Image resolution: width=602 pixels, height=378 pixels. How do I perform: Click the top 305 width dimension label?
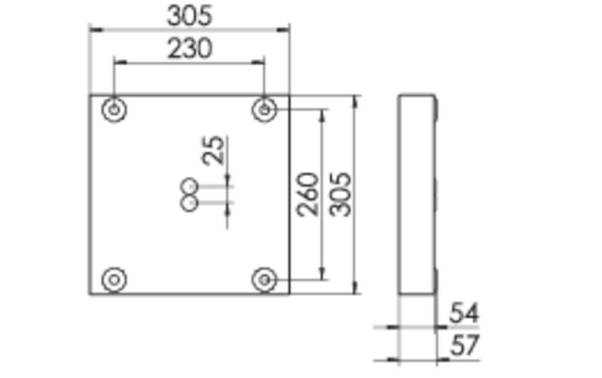189,16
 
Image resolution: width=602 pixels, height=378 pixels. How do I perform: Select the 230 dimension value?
189,49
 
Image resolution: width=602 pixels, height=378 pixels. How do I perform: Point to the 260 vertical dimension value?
308,194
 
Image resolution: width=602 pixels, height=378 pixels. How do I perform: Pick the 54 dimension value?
464,313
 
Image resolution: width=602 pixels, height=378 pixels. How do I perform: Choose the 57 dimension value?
464,346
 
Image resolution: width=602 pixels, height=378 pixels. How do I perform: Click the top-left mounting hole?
114,109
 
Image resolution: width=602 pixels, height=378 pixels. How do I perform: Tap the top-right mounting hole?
265,109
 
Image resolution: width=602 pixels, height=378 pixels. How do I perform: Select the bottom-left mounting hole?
114,279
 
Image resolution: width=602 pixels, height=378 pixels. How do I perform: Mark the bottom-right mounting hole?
265,279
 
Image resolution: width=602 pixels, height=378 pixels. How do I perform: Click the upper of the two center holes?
190,186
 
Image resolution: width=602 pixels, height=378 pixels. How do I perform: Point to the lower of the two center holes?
189,203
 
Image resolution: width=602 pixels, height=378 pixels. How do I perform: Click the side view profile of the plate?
417,194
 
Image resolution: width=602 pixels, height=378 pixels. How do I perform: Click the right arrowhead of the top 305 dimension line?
286,28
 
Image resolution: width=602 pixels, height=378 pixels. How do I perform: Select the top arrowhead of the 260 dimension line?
322,113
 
